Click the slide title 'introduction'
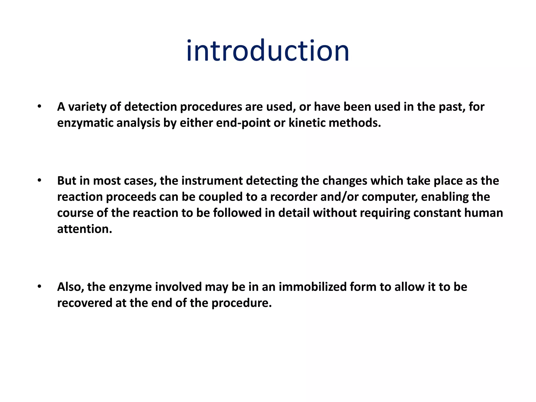tap(267, 51)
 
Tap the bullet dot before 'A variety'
tap(39, 106)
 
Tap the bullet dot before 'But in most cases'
tap(39, 180)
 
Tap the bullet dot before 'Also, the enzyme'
tap(39, 286)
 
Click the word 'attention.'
tap(85, 229)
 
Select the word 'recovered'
tap(85, 303)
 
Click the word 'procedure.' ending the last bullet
tap(242, 303)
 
